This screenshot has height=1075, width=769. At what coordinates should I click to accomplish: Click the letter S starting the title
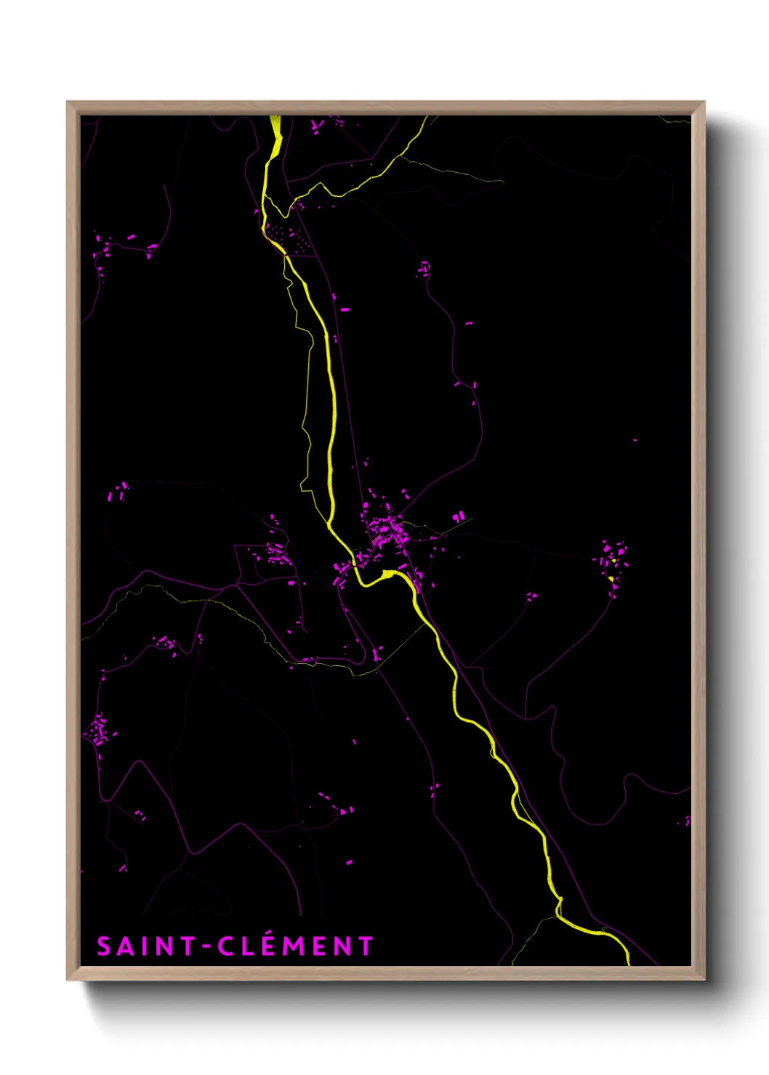[105, 946]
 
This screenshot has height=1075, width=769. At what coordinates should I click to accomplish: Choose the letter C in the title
[225, 946]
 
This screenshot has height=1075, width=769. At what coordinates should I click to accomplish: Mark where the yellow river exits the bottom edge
[627, 960]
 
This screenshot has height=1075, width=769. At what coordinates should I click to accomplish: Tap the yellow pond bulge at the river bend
[389, 575]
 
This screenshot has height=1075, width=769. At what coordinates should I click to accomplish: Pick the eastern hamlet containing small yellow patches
[612, 563]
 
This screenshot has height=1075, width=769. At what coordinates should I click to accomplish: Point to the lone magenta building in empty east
[635, 440]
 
